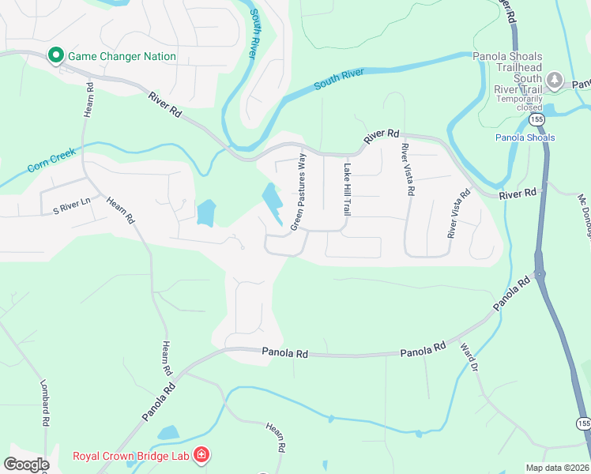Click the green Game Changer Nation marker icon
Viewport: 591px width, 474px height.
point(56,55)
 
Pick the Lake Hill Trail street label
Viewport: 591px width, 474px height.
point(346,189)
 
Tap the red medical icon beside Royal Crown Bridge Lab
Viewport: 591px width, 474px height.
point(202,455)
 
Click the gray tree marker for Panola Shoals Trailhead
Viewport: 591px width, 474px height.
point(555,80)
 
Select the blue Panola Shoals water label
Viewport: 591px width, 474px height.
point(525,137)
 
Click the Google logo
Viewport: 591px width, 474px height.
point(25,465)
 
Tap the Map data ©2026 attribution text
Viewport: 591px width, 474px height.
point(557,468)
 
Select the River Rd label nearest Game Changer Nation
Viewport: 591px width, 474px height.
point(164,104)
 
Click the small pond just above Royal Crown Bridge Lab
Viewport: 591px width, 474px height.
point(168,433)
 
